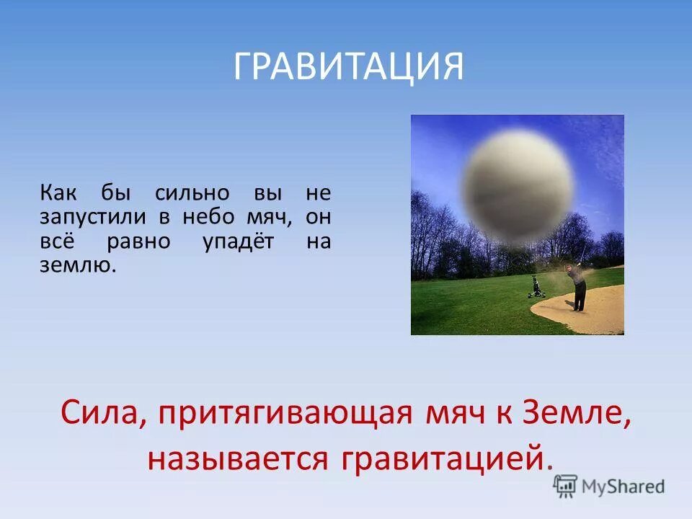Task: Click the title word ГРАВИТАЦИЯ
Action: [348, 67]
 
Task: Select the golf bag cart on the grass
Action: [536, 287]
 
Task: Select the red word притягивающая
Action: [284, 413]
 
